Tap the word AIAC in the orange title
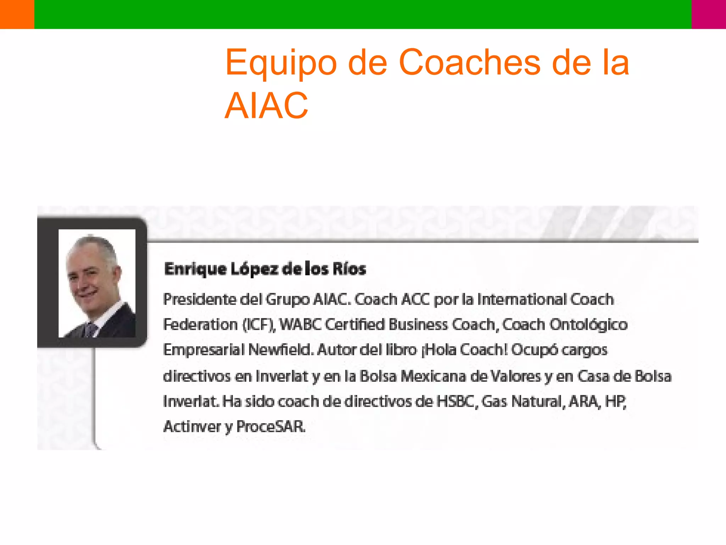266,106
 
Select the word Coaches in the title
469,62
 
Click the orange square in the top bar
17,14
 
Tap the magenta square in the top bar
709,14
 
